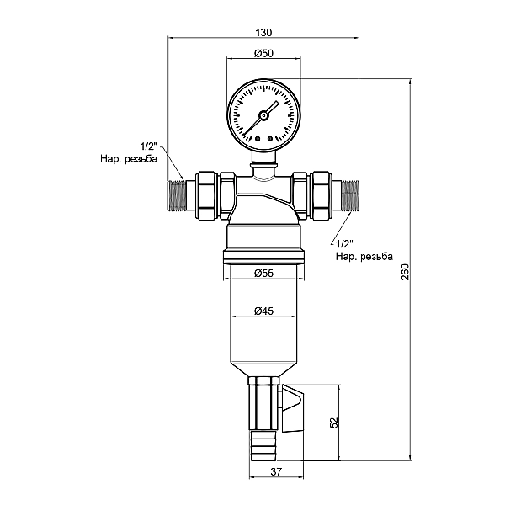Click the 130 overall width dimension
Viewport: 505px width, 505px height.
[263, 32]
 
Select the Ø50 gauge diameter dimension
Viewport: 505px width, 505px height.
[263, 54]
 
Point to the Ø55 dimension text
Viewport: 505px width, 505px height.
[263, 272]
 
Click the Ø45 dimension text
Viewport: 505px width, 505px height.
[263, 311]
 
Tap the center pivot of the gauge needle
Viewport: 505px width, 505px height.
[263, 113]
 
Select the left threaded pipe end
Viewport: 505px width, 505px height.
[176, 194]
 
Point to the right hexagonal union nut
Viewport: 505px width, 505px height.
[319, 194]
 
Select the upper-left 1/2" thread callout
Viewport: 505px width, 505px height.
[149, 146]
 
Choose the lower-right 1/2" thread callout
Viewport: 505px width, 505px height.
[346, 243]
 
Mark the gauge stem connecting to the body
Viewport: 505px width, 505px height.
[263, 160]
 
